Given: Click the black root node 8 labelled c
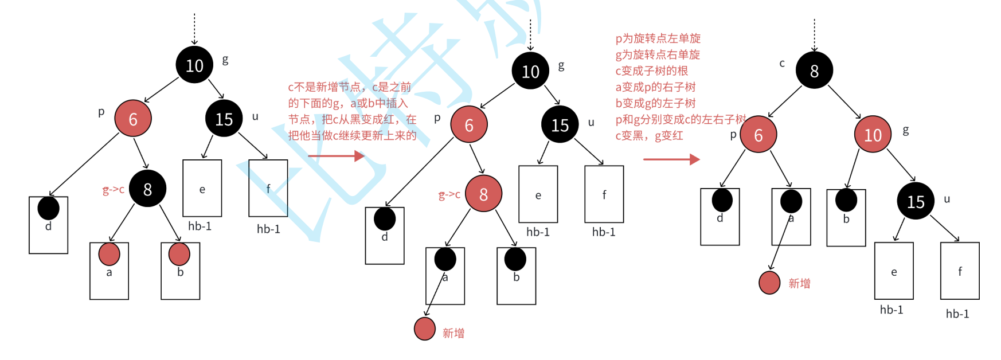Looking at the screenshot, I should point(814,71).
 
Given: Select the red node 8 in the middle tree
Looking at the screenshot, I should point(483,194).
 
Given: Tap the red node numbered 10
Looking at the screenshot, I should point(873,135).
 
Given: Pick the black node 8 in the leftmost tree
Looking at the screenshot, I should point(147,189).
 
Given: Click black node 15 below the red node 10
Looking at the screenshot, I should point(916,201).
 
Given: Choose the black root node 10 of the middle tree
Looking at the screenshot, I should point(530,71).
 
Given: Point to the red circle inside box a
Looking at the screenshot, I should point(109,254).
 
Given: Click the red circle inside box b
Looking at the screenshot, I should point(179,254).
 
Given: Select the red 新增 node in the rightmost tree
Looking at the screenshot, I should point(769,283).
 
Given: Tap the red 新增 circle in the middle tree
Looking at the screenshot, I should point(425,329).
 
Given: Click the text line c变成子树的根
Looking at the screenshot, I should point(651,71).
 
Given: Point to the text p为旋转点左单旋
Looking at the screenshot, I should point(658,38).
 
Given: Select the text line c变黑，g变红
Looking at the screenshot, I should point(649,136).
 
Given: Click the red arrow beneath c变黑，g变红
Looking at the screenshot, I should point(671,159).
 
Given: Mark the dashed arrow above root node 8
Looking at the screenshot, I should point(814,34).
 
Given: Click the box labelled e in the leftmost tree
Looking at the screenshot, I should point(202,188).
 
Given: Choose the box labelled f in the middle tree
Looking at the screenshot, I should point(604,194).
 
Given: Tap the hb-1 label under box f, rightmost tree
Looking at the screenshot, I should point(957,314).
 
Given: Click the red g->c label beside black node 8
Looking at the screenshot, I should point(113,189).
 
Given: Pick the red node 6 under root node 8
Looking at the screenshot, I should point(758,135).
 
